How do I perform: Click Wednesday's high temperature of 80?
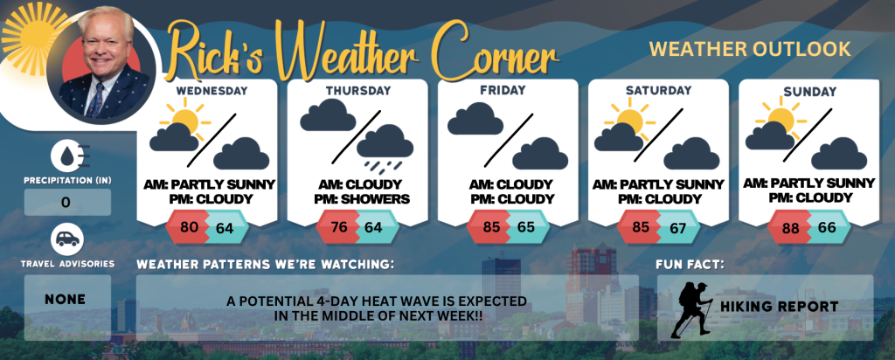tap(189, 226)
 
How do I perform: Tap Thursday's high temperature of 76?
tap(339, 226)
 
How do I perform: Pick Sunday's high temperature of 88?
tap(791, 228)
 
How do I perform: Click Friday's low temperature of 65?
tap(525, 227)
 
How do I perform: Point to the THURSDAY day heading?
tap(358, 91)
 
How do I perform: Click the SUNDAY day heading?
tap(810, 91)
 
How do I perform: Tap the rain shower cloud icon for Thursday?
tap(385, 149)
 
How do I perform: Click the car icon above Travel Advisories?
tap(67, 239)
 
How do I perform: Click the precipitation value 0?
tap(66, 202)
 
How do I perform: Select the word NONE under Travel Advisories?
tap(65, 300)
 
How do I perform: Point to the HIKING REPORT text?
tap(779, 307)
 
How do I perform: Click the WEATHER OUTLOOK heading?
tap(750, 50)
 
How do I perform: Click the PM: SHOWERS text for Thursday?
tap(361, 199)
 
